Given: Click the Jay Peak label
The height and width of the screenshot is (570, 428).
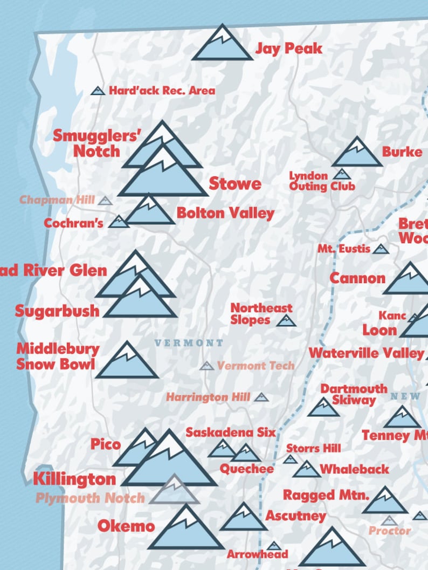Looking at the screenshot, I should [x=288, y=49].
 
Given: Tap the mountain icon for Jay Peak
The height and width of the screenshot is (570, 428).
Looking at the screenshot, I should [x=222, y=44].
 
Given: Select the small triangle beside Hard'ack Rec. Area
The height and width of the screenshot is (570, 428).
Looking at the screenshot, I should [x=98, y=91].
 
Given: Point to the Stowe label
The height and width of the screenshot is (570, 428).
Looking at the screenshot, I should [x=234, y=184].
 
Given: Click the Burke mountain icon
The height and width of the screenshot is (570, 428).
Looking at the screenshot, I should [x=357, y=154].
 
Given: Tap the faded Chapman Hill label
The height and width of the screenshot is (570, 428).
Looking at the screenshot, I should [x=57, y=200].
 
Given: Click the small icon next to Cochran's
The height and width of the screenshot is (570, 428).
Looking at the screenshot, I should [x=119, y=222].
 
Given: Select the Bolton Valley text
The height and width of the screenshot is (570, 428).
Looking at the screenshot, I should [x=225, y=214].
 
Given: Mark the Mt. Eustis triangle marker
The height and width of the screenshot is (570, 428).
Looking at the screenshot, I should [x=381, y=249].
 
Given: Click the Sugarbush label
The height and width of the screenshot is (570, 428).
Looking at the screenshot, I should [x=57, y=311].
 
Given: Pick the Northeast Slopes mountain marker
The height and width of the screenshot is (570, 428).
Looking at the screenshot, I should [x=286, y=321].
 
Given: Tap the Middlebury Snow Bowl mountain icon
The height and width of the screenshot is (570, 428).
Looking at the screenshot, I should [x=127, y=362].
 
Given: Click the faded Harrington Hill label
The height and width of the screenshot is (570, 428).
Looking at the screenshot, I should [x=208, y=397].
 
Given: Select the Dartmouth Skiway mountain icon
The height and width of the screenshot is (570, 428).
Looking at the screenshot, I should [x=323, y=408].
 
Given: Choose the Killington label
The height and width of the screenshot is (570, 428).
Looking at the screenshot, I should [x=74, y=479].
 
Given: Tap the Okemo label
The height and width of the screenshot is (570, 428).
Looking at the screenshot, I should [x=126, y=526].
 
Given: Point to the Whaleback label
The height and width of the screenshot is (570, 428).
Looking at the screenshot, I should [x=354, y=469].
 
